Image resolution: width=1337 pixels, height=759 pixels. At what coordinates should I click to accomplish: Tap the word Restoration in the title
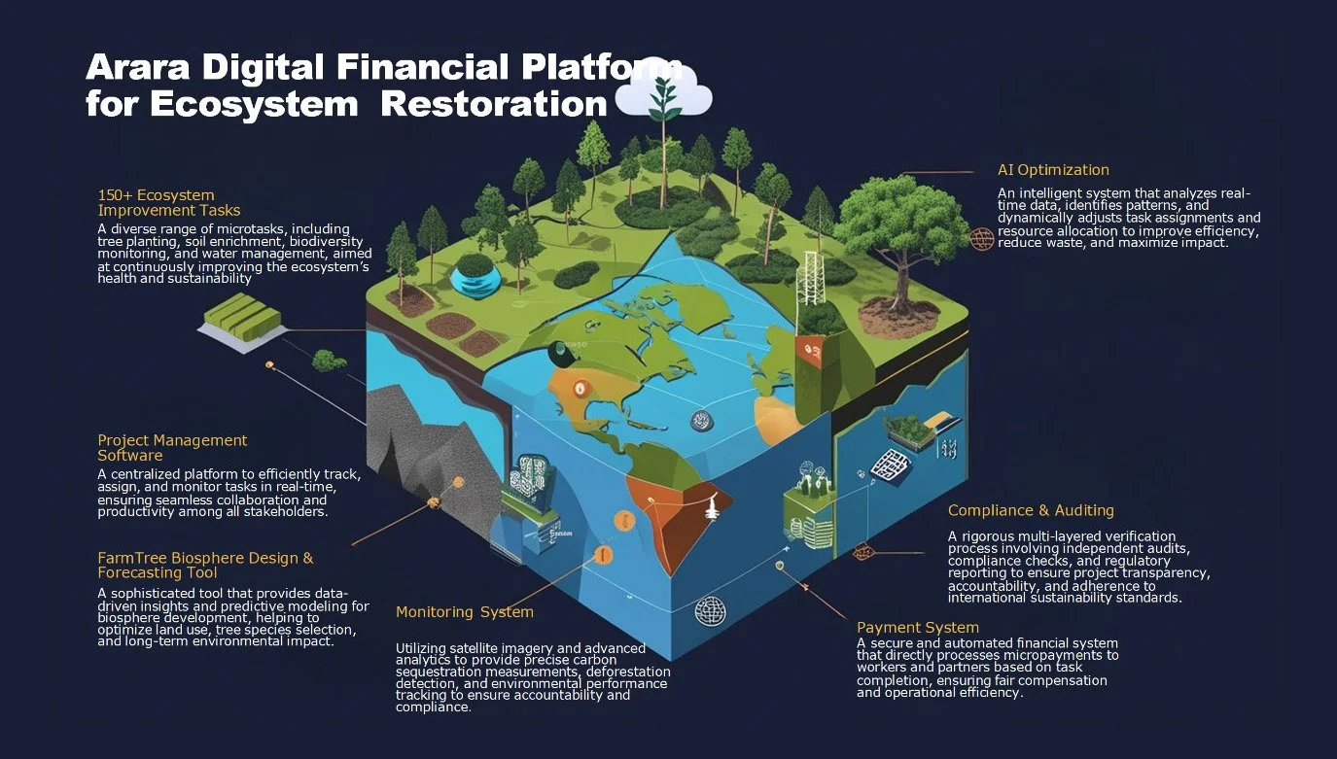point(494,103)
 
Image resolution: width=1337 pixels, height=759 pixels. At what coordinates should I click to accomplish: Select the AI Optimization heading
point(1053,170)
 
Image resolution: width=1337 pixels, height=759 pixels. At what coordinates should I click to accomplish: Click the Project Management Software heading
point(172,448)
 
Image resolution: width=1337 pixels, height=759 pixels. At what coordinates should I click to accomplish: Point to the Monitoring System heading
point(464,612)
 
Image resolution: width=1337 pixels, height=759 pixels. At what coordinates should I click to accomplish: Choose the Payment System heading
point(917,628)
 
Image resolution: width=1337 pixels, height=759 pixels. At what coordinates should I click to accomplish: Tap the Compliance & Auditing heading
point(1031,510)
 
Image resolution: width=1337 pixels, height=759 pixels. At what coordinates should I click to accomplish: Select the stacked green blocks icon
point(242,318)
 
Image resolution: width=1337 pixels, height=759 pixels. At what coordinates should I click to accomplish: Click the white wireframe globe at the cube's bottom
point(711,610)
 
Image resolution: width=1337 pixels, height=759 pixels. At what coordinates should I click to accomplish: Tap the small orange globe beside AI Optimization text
point(982,238)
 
